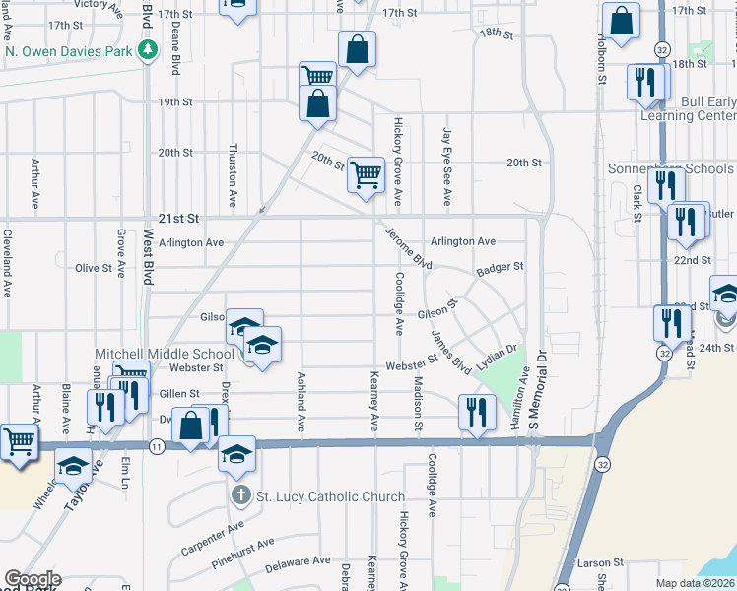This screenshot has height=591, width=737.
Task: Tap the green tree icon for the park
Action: coord(148,50)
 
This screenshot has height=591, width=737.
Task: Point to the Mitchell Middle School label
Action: coord(165,354)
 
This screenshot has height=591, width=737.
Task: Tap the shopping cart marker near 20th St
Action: coord(366,175)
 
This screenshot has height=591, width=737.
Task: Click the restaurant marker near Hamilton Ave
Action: coord(477,412)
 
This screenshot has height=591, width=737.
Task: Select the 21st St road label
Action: coord(178,218)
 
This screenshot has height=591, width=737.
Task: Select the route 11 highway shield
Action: coord(157,446)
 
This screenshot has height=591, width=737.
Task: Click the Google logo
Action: coord(33,579)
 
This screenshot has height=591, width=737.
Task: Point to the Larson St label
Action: coord(595,563)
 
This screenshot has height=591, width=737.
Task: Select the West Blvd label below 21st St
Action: coord(149,257)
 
